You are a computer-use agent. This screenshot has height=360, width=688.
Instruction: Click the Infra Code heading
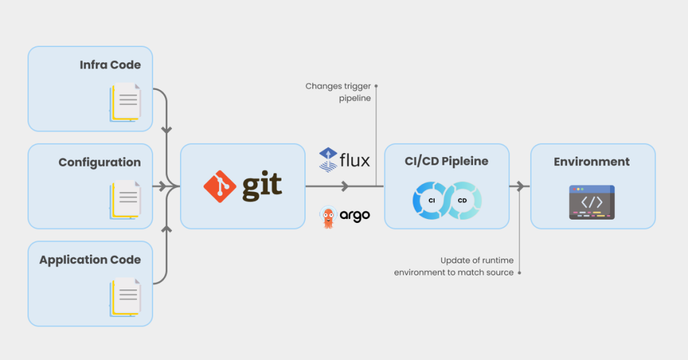pos(110,65)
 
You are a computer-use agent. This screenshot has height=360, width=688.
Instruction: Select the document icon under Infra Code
pos(125,102)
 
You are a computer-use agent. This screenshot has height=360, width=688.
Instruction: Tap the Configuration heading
pos(99,163)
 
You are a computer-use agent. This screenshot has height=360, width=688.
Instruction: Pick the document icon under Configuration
pos(125,199)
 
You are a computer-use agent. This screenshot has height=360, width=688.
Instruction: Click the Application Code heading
pos(90,260)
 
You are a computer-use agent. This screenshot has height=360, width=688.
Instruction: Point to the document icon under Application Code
pos(125,297)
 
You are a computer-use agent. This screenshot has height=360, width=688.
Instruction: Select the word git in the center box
pos(262,187)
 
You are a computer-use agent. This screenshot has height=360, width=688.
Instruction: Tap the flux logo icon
pos(328,160)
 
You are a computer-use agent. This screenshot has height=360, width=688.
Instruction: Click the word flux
pos(355,161)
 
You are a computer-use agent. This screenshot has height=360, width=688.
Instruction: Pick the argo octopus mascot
pos(328,216)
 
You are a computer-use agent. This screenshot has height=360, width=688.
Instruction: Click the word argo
pos(354,216)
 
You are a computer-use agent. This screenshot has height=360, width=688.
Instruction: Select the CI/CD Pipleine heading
pos(446,162)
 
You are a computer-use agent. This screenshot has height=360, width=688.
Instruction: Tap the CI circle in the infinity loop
pos(432,200)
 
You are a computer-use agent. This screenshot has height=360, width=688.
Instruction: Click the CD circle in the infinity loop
pos(462,200)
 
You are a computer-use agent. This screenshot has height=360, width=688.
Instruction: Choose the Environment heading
pos(592,162)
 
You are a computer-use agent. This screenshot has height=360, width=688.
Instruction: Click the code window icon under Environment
pos(592,201)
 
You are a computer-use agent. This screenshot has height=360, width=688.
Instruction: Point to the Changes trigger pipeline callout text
pos(338,92)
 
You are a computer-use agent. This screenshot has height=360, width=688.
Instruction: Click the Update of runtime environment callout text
pos(454,266)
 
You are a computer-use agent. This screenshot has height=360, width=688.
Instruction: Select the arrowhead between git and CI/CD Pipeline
pos(345,186)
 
